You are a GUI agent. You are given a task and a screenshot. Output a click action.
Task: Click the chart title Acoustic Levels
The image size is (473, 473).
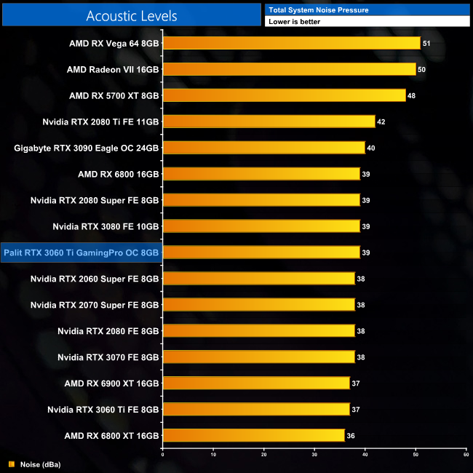coord(132,15)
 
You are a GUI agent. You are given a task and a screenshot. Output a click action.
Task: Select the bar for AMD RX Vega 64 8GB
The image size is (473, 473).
coord(291,43)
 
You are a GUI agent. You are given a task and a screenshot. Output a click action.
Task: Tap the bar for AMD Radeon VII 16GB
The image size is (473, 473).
coord(289,69)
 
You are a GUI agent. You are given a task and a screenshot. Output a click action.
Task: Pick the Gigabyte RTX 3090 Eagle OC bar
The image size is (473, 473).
coord(263,148)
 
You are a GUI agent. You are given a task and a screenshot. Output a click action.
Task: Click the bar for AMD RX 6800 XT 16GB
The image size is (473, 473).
coord(253,435)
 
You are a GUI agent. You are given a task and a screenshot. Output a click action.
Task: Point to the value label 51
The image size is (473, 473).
coord(426,44)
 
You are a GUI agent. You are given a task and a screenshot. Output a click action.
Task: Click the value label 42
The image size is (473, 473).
coord(381,122)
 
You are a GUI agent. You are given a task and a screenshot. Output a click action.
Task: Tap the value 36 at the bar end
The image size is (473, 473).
coord(351,436)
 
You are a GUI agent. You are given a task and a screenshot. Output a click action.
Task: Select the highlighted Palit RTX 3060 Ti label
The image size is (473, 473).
coord(81,253)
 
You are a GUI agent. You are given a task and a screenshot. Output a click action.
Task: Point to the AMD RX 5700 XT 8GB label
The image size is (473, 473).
coord(114,95)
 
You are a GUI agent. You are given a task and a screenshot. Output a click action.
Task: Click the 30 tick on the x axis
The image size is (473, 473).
coord(314,455)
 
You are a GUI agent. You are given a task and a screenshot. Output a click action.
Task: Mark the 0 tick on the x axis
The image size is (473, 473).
coord(163,455)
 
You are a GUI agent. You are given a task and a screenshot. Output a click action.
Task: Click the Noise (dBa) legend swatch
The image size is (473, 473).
coord(11,464)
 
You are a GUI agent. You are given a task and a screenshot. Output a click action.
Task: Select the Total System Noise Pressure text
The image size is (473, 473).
coord(319,10)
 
